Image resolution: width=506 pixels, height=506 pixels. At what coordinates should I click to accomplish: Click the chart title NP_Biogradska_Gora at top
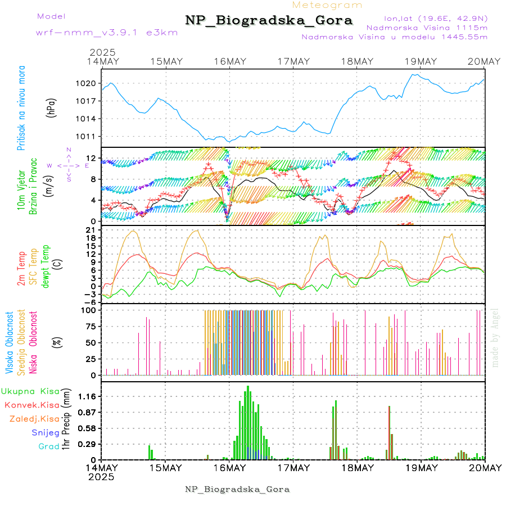(269, 21)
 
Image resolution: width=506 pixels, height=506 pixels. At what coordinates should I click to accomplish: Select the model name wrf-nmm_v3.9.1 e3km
(107, 33)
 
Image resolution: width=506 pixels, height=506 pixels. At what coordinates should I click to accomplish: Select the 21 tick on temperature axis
(91, 230)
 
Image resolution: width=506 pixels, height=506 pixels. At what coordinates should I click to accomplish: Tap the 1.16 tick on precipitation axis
(87, 396)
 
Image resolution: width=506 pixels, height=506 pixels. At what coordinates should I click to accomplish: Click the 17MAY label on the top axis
(294, 62)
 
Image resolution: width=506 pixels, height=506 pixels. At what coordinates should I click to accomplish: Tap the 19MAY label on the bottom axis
(421, 468)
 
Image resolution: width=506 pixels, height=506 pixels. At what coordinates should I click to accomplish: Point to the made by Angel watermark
(495, 337)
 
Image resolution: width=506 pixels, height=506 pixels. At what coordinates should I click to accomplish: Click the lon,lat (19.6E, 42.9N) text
(435, 18)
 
